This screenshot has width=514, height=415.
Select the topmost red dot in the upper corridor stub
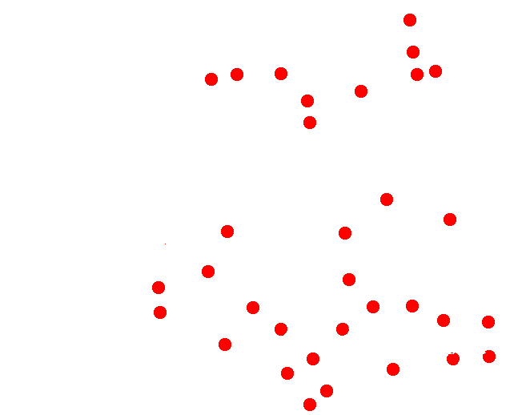click(x=410, y=20)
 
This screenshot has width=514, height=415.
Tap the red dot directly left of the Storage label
click(x=281, y=328)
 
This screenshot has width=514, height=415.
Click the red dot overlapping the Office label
click(x=453, y=359)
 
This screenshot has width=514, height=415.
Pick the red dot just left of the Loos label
click(x=313, y=358)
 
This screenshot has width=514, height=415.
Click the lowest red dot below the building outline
click(x=310, y=405)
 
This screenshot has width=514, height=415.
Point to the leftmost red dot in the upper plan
click(x=211, y=79)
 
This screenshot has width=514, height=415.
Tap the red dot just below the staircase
click(x=393, y=369)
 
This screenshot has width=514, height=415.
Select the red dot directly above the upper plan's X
click(x=361, y=91)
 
